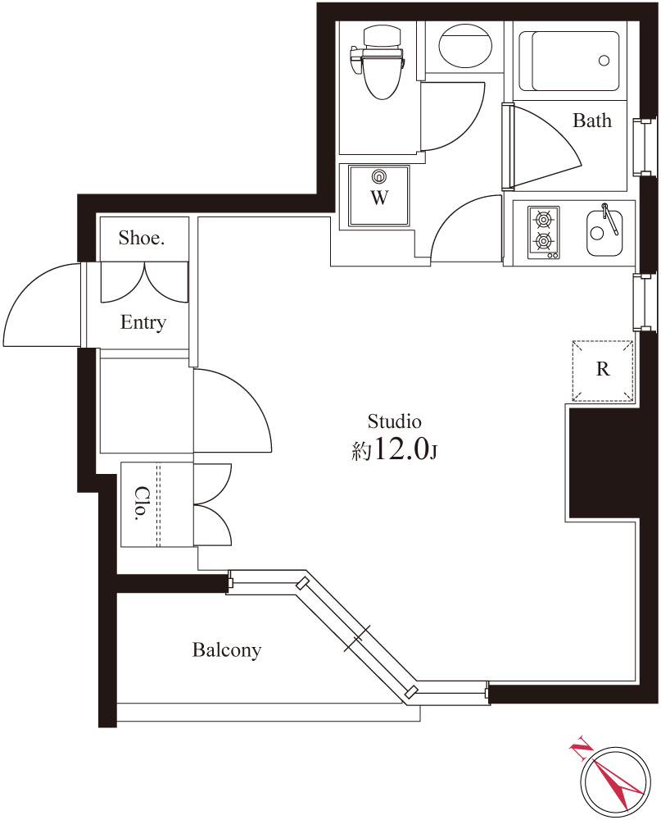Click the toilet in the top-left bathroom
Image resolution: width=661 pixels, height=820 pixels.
(378, 62)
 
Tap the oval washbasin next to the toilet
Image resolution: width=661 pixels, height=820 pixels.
(465, 46)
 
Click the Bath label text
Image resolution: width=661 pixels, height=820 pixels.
(592, 121)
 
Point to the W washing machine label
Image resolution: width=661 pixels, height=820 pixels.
(379, 198)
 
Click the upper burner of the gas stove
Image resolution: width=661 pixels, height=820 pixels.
(543, 220)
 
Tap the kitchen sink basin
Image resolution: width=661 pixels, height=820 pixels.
(604, 233)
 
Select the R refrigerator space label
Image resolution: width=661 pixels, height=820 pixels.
(603, 369)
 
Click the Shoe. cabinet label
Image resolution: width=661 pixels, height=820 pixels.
(142, 238)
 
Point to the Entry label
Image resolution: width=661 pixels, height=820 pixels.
(143, 322)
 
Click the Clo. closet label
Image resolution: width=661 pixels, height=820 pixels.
(141, 503)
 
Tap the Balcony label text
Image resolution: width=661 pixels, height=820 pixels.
(227, 650)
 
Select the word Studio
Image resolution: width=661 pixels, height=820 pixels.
(395, 421)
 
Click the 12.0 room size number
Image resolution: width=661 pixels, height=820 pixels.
(401, 449)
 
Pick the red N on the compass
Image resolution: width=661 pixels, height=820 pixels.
(581, 750)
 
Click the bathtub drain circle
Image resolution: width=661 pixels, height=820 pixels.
(604, 61)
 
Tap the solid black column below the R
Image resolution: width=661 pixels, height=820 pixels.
(603, 463)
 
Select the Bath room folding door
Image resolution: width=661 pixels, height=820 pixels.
(542, 147)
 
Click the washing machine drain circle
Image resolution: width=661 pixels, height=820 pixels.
(379, 176)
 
